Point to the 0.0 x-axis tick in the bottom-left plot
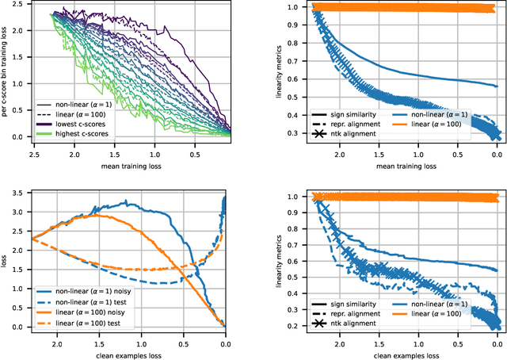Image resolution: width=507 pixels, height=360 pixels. pos(224,345)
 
